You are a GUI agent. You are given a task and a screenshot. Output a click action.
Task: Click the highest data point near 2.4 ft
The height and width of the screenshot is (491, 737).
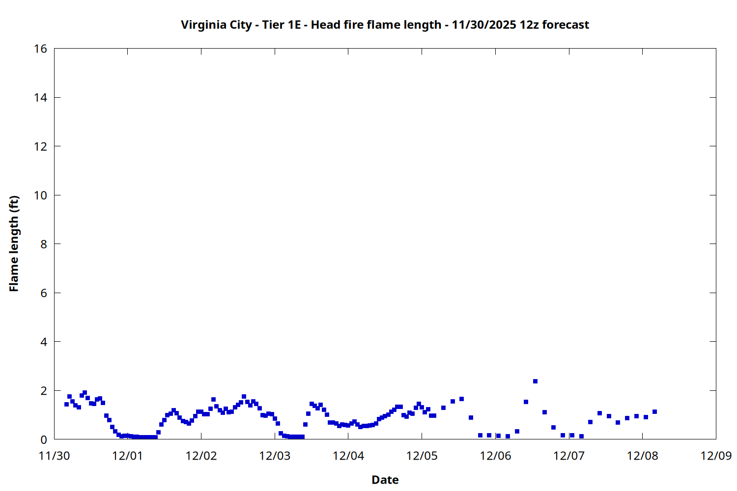click(x=535, y=382)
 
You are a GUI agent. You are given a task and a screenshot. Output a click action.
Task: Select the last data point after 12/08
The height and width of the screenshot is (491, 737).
click(x=654, y=412)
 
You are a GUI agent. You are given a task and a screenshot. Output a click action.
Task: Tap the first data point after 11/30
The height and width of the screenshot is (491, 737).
click(x=66, y=405)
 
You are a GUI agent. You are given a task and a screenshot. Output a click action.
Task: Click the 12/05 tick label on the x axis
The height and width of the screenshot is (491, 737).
click(x=422, y=456)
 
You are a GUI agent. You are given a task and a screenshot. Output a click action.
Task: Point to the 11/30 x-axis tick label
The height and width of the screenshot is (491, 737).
click(x=54, y=456)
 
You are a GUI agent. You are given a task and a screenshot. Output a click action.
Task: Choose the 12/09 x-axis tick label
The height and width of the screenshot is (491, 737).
click(x=716, y=456)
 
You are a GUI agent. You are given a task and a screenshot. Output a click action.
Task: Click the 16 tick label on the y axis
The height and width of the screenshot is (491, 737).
click(x=40, y=49)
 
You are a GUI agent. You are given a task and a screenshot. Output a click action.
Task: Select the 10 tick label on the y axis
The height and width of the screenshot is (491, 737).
click(x=40, y=195)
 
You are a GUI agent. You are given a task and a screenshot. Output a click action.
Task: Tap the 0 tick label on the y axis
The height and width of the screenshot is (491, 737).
click(x=43, y=439)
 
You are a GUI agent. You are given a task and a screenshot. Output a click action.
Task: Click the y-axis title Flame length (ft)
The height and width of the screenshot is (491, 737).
click(x=14, y=244)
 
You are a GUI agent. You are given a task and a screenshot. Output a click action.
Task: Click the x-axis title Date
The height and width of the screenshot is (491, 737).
click(x=385, y=480)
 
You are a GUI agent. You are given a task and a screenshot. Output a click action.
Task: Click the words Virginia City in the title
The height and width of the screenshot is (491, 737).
click(x=216, y=25)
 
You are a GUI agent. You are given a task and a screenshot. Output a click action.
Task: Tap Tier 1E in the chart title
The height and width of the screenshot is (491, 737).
click(x=281, y=25)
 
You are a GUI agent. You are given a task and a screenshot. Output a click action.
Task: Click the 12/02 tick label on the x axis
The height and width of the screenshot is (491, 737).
click(x=201, y=456)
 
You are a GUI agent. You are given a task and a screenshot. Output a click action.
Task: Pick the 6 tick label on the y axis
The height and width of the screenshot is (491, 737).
click(x=43, y=293)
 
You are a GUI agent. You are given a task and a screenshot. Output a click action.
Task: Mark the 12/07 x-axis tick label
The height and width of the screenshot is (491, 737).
click(x=568, y=456)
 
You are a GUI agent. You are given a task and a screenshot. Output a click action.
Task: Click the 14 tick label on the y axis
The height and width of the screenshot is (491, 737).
click(x=40, y=98)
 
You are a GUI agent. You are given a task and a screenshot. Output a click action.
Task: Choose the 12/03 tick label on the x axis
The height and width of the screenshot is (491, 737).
click(x=275, y=456)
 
